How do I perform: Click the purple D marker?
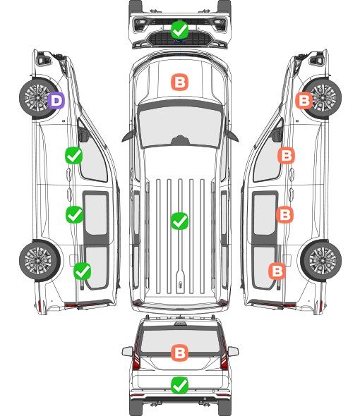point(56,100)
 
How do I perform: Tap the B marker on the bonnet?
point(179,82)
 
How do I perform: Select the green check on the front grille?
point(179,30)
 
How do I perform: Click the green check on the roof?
point(179,221)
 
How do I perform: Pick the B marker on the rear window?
point(179,353)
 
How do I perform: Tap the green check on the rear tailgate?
point(179,385)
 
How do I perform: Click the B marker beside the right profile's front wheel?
point(304,100)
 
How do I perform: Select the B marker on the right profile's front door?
point(286,155)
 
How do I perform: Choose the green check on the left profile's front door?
point(74,155)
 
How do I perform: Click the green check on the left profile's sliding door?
point(74,214)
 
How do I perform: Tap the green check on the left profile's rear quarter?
point(83,271)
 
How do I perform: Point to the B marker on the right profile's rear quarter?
point(277,271)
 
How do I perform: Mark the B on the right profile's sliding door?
point(284,214)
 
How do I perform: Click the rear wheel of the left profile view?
point(40,260)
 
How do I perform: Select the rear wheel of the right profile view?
point(321,260)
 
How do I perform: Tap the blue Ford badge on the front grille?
point(180,41)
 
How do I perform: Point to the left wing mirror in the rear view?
point(127,351)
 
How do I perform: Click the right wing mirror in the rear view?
point(233,351)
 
